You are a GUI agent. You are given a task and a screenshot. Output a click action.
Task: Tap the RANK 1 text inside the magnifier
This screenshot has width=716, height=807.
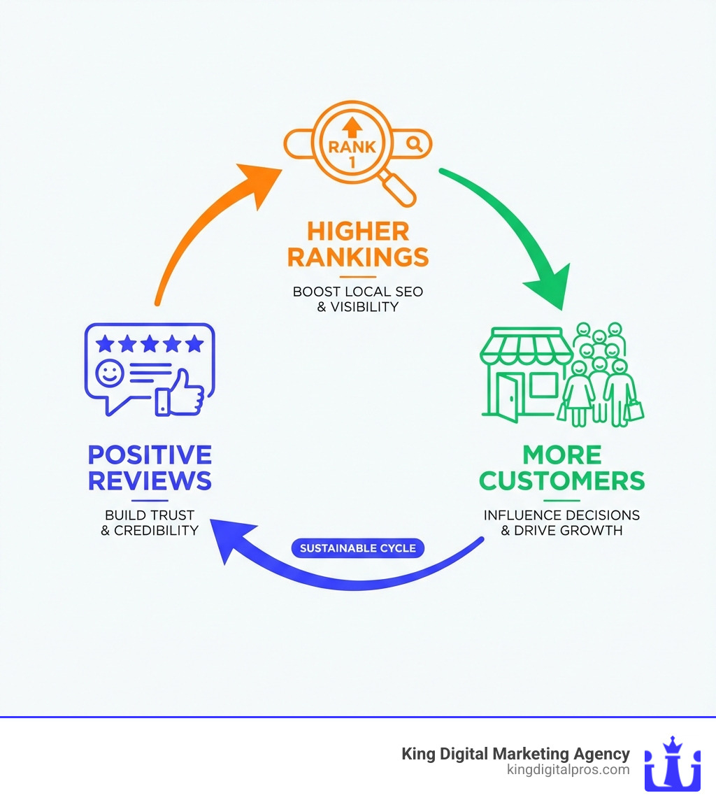tap(352, 148)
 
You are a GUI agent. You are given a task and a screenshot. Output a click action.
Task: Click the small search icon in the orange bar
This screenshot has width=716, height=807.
tap(415, 144)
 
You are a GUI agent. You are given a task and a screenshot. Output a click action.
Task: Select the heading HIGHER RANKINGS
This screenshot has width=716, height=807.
tap(357, 245)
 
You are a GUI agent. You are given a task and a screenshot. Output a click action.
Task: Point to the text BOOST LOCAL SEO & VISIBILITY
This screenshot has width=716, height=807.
tap(357, 299)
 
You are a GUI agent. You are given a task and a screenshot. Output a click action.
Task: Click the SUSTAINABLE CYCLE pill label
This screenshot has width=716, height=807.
tap(357, 548)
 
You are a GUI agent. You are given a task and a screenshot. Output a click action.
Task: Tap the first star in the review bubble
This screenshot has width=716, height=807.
tap(104, 343)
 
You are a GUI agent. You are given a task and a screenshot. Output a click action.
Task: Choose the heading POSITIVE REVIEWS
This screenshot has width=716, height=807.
tap(150, 468)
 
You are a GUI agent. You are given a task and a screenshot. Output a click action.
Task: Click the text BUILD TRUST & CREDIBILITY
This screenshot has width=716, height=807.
tap(150, 522)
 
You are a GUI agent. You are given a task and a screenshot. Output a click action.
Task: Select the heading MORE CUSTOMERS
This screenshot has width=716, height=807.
tap(561, 468)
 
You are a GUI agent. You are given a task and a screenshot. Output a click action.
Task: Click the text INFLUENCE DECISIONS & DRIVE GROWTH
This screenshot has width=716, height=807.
tap(561, 522)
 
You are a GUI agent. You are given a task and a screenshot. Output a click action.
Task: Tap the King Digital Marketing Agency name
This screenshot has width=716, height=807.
tap(515, 754)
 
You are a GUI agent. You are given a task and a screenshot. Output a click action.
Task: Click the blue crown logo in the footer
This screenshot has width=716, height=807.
tap(672, 764)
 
